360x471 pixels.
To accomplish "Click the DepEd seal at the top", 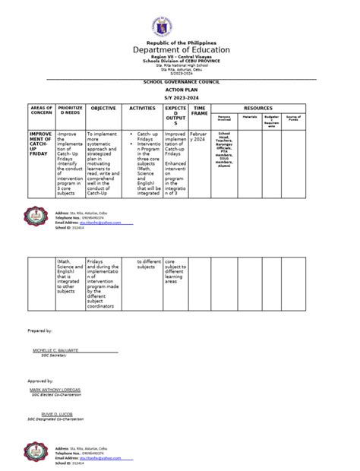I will (180, 19).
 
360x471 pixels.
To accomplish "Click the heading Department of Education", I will (180, 49).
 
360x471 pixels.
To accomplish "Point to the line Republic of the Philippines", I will (180, 39).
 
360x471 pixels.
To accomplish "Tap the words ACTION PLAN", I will (180, 87).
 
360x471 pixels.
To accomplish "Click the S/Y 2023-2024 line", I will (180, 96).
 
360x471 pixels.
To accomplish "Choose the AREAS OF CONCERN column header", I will (40, 112).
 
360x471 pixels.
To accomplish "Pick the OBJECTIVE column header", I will (103, 109).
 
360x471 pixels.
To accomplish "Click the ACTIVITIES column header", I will (142, 109).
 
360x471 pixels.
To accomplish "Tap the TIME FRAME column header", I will (200, 112).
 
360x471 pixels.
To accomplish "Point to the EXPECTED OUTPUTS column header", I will (175, 116).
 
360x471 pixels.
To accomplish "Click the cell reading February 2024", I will (199, 137).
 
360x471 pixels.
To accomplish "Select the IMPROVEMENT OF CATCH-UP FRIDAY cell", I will (40, 146).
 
